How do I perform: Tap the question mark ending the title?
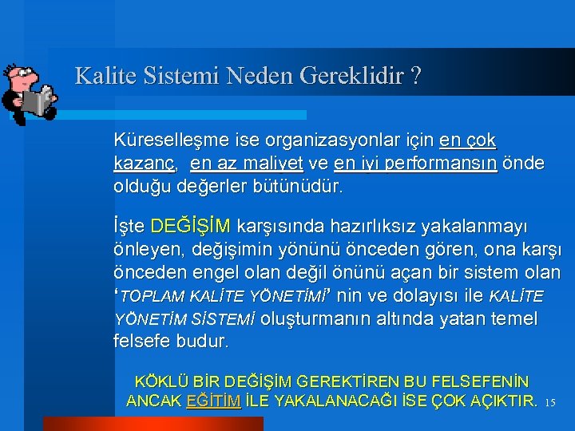click(416, 77)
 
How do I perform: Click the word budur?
click(205, 342)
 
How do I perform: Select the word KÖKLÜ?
click(157, 382)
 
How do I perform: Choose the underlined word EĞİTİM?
click(213, 401)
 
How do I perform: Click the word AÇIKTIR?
click(500, 401)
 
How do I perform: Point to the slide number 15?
click(549, 403)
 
